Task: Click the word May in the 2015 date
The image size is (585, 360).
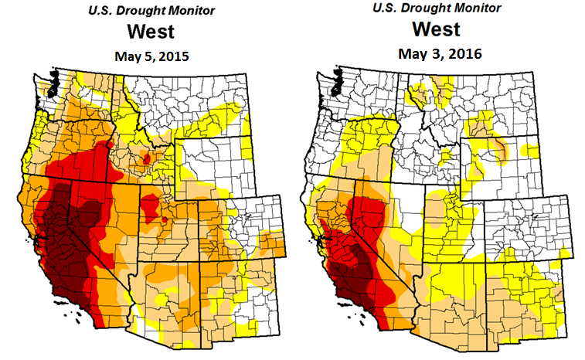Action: pyautogui.click(x=127, y=56)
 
